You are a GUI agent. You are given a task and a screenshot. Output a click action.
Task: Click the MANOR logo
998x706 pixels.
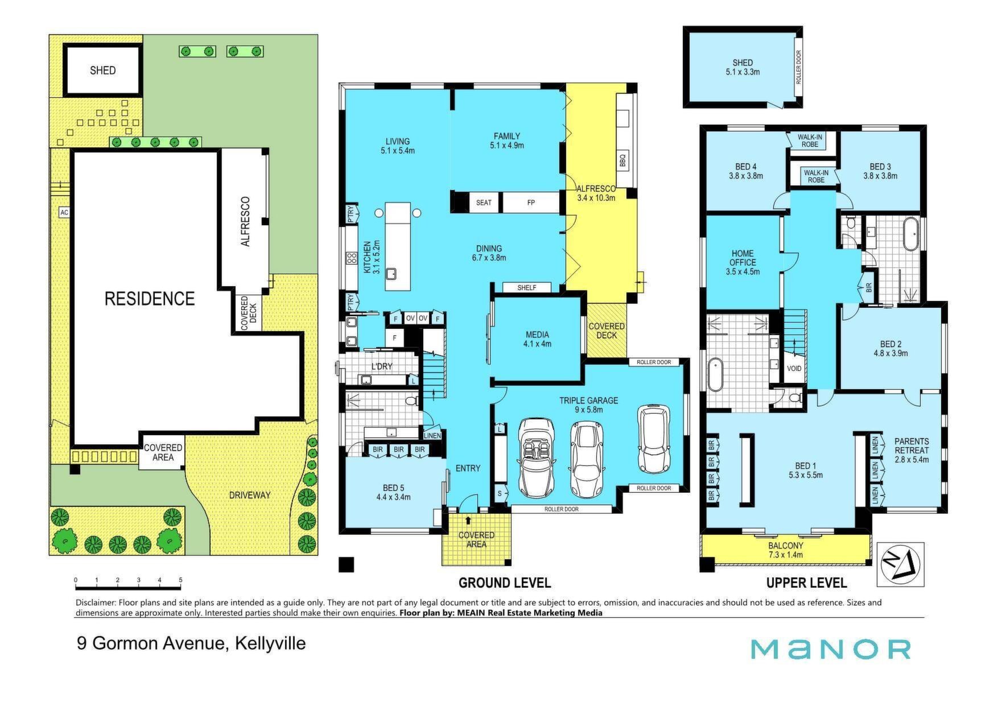(830, 649)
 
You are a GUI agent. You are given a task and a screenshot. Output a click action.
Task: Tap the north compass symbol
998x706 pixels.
(900, 564)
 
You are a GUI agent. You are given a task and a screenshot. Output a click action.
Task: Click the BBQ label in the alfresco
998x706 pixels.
(621, 162)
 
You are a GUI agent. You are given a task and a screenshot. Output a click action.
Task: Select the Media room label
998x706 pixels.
(537, 339)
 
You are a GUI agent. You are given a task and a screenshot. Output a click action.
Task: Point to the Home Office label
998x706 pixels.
(743, 262)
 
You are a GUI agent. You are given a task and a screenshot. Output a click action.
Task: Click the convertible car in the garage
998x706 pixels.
(536, 457)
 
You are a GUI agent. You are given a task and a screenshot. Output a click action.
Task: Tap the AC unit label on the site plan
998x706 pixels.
(64, 212)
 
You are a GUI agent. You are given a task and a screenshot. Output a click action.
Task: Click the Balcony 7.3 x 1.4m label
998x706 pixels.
(786, 550)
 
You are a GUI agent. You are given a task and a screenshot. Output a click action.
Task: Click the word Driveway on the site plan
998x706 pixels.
(250, 495)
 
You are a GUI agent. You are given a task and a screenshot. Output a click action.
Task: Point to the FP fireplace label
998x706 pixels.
(531, 203)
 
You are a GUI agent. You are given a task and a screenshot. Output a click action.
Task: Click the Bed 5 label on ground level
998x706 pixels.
(393, 492)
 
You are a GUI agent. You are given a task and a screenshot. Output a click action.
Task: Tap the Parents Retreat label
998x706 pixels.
(912, 450)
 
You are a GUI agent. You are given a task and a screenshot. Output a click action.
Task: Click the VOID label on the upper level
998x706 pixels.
(794, 369)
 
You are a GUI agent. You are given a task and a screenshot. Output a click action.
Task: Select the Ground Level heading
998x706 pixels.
(505, 583)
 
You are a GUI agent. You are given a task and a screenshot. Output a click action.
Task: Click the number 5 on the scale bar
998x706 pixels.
(181, 580)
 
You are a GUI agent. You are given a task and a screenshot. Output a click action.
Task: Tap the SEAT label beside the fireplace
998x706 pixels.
(484, 203)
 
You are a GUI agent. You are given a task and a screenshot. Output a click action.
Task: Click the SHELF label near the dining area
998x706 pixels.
(527, 288)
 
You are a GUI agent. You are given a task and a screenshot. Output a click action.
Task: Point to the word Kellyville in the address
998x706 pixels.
(270, 643)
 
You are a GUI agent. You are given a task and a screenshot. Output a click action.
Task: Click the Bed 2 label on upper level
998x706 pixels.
(891, 348)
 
